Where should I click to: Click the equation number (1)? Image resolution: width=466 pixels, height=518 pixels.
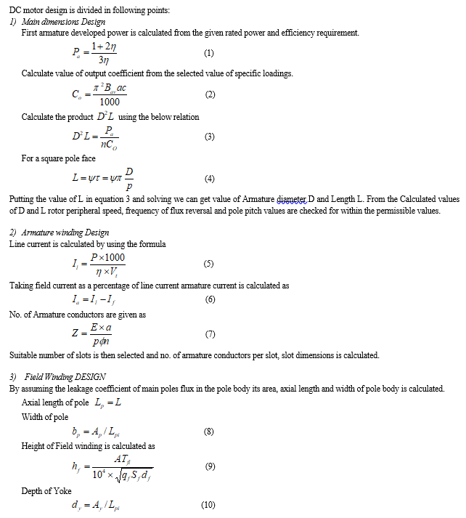208,53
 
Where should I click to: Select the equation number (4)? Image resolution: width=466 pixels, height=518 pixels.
209,178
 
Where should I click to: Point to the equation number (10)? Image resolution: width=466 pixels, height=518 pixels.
208,505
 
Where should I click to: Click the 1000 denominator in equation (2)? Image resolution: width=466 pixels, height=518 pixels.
110,102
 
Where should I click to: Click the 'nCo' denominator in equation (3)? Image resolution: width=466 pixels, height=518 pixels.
109,143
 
